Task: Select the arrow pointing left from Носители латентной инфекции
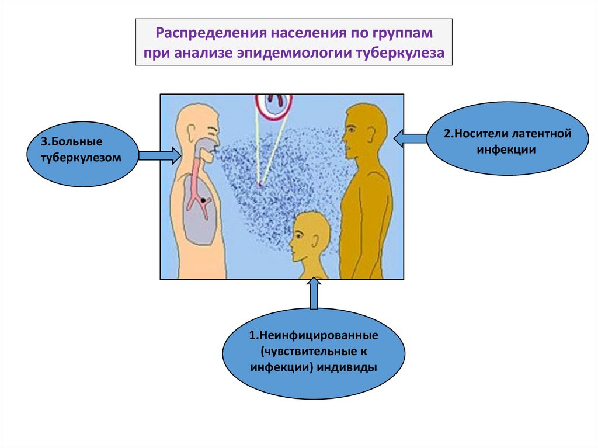click(411, 138)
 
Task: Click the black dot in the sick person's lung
click(203, 200)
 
